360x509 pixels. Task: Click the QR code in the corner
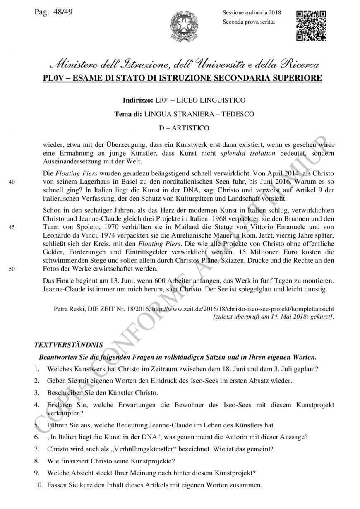(x=311, y=26)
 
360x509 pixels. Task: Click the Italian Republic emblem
(x=184, y=26)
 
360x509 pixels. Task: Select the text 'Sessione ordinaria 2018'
(x=252, y=12)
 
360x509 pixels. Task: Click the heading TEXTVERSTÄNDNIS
(x=68, y=344)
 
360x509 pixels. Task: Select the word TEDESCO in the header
(x=237, y=114)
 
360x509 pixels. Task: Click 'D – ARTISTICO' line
(x=184, y=128)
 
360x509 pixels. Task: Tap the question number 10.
(x=38, y=485)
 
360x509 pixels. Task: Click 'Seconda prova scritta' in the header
(x=248, y=22)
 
